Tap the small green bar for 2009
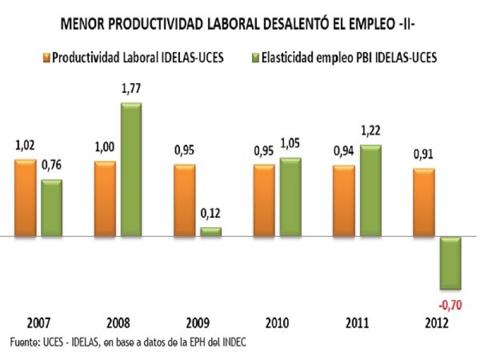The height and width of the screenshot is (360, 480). point(210,232)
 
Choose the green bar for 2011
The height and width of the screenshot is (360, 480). point(370,190)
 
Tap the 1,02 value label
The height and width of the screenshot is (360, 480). point(25,145)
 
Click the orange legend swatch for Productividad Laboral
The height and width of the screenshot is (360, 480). point(47,58)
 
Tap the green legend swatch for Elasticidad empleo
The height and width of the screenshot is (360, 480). point(254,58)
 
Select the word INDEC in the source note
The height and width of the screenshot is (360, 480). point(233,342)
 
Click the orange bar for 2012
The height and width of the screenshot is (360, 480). point(423,203)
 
